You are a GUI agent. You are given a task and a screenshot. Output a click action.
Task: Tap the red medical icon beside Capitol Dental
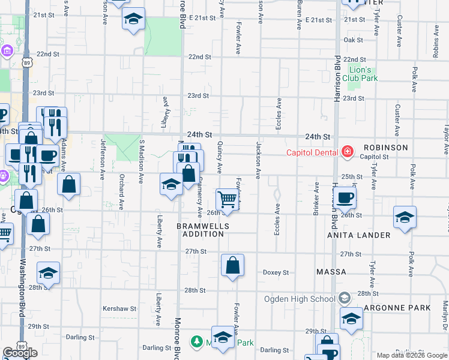346,152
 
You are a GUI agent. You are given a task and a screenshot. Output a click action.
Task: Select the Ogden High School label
299,299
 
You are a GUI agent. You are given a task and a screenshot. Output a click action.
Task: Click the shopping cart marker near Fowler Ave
228,199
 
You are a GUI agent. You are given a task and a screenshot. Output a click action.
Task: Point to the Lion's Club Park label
364,74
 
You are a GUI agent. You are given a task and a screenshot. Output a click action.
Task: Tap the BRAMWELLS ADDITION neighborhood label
200,230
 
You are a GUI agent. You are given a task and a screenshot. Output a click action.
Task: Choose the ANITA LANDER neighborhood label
358,236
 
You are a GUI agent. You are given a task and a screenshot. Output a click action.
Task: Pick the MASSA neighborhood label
331,272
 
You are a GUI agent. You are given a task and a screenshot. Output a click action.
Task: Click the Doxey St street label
276,272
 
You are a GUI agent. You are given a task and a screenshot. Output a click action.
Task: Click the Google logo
20,353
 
